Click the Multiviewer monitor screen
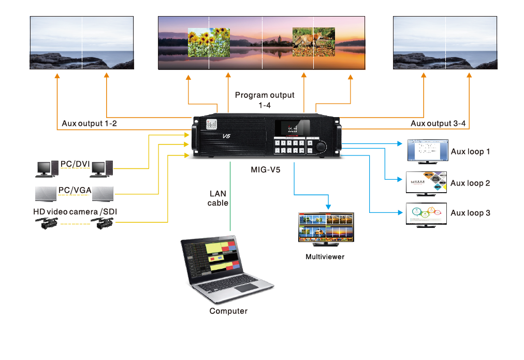(x=326, y=226)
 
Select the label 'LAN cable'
(x=218, y=198)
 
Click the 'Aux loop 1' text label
(x=470, y=152)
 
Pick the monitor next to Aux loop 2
(x=426, y=181)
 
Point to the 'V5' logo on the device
(x=226, y=136)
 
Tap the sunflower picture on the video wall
(x=208, y=42)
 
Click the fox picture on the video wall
(x=314, y=41)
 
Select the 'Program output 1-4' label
(x=265, y=100)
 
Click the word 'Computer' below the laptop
(x=228, y=311)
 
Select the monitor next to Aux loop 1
(x=426, y=150)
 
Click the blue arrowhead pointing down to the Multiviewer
(x=329, y=206)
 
